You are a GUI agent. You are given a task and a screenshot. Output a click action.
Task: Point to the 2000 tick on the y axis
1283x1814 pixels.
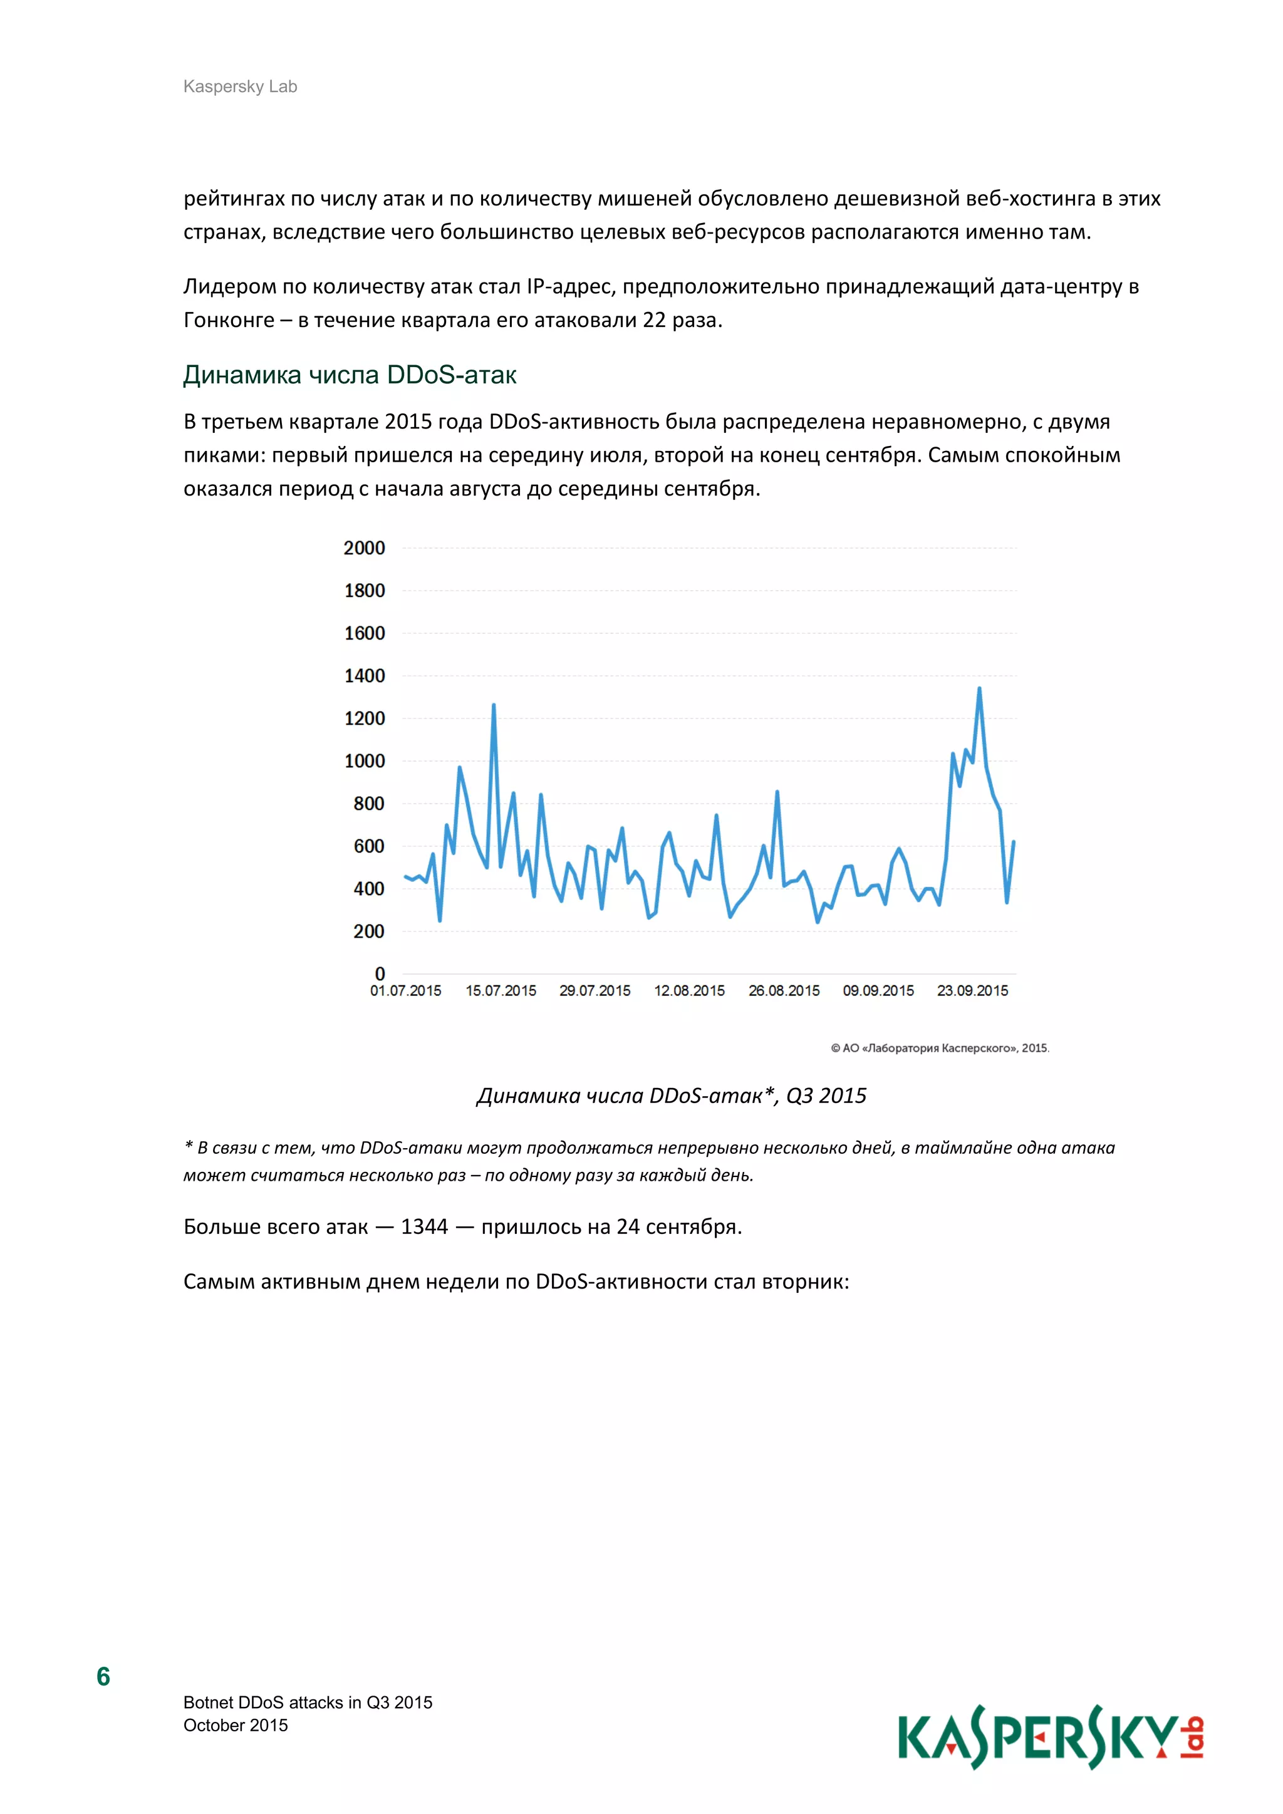pyautogui.click(x=363, y=547)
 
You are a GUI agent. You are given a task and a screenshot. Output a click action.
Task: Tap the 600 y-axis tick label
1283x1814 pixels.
pyautogui.click(x=368, y=846)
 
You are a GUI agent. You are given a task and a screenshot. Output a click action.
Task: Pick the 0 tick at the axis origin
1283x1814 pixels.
pyautogui.click(x=380, y=973)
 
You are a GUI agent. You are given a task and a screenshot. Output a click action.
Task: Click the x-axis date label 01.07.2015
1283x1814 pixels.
pyautogui.click(x=405, y=991)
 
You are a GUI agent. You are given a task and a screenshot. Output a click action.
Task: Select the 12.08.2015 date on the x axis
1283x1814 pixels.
pyautogui.click(x=689, y=991)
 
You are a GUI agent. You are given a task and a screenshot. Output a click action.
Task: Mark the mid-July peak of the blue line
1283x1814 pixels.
pyautogui.click(x=494, y=705)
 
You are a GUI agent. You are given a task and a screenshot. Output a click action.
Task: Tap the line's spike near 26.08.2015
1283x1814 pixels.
pyautogui.click(x=777, y=792)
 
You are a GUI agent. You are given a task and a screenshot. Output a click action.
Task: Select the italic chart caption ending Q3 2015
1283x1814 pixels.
pyautogui.click(x=672, y=1095)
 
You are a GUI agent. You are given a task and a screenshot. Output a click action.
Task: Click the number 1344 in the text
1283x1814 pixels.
pyautogui.click(x=424, y=1226)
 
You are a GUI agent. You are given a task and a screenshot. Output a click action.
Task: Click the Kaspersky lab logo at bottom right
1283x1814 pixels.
pyautogui.click(x=1050, y=1738)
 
